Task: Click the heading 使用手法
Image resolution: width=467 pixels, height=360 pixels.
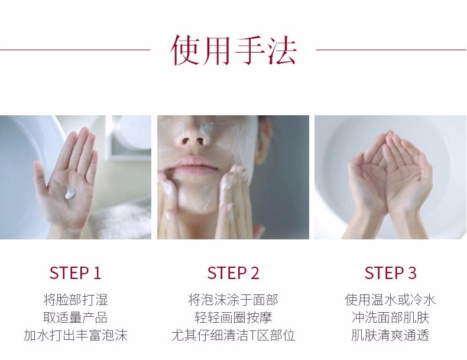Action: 234,50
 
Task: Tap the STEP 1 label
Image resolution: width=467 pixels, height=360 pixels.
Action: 75,273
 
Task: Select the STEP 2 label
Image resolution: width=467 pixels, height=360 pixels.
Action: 233,273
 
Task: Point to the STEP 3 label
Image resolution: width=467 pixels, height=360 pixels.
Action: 391,273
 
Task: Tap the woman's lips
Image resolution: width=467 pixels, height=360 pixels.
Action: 192,165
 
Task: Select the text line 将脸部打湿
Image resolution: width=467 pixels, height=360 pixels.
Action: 75,300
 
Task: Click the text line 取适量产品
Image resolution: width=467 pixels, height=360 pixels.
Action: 75,317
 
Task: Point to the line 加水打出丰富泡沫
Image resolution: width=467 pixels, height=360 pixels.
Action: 75,335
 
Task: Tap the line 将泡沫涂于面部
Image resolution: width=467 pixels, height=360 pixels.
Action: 233,300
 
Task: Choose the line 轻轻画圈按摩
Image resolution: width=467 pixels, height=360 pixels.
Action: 233,317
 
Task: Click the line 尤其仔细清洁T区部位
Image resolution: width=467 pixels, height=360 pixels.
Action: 233,335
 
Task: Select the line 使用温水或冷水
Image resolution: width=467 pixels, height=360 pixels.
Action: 391,300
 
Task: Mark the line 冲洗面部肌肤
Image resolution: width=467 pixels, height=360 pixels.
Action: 391,317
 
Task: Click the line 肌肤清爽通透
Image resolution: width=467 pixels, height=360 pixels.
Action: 391,335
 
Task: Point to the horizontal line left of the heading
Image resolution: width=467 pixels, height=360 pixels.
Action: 75,50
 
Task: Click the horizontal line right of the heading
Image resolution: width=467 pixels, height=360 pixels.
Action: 391,50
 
